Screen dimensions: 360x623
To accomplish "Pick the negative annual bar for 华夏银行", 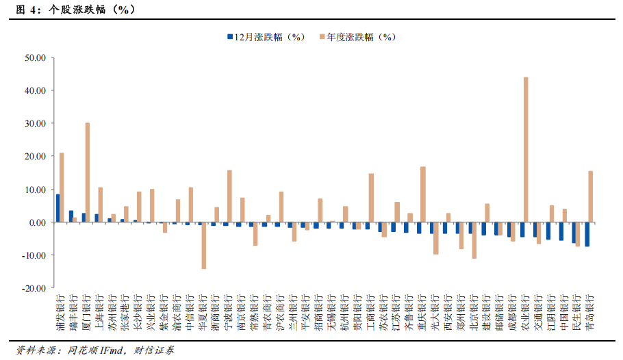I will [203, 246].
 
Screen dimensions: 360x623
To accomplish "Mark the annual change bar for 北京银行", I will [474, 240].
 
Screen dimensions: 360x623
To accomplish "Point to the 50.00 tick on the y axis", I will [35, 57].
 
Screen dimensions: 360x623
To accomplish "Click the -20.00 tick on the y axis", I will [34, 288].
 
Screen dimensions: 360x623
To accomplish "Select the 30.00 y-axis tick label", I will [35, 123].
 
